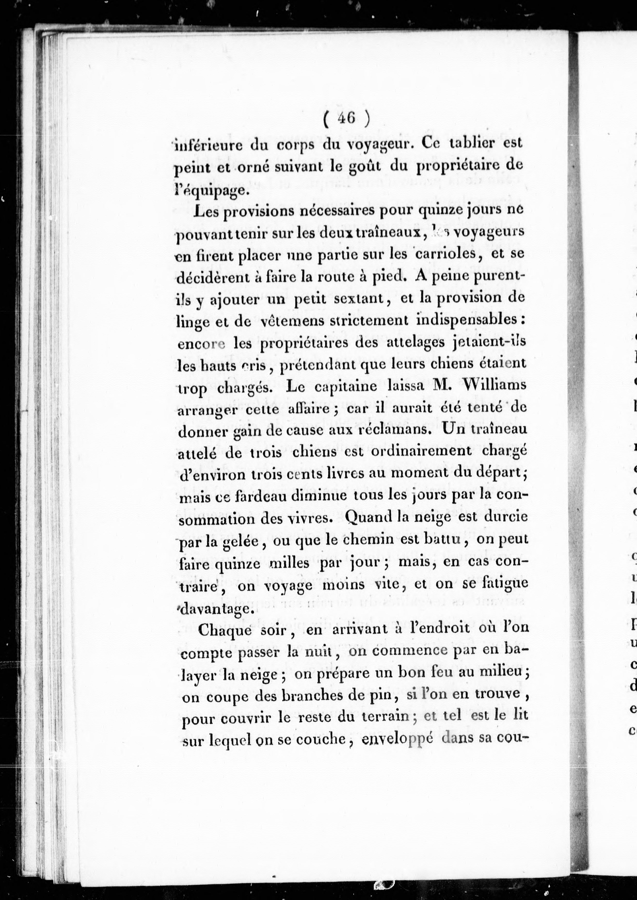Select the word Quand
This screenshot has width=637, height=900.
[x=367, y=518]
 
